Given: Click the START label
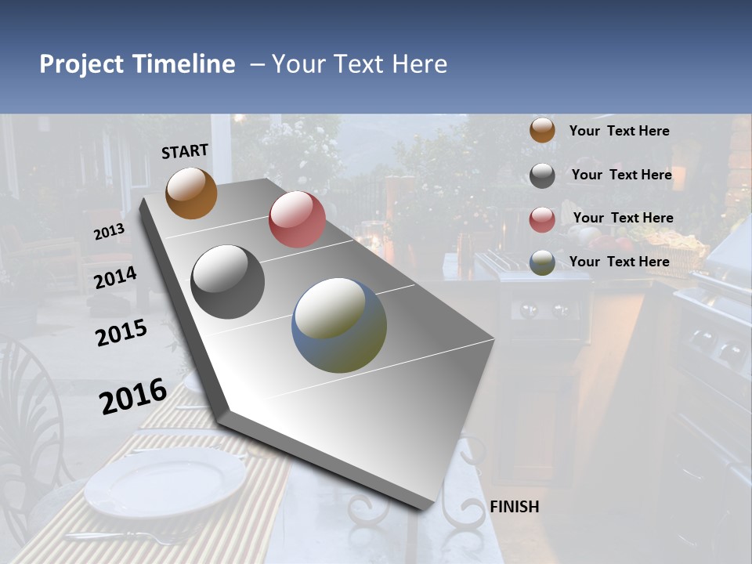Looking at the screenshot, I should coord(185,151).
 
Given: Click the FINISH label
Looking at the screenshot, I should coord(514,507).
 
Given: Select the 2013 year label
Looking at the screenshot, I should coord(109,232).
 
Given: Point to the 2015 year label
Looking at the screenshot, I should coord(121,333).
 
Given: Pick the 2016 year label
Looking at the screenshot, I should coord(133,396).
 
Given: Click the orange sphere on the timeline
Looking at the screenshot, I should coord(191,193).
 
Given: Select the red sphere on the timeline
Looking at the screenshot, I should coord(297,219).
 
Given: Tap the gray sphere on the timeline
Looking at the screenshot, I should coord(228,282).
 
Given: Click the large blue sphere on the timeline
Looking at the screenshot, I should coord(339,325).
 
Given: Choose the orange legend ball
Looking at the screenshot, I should coord(542,131).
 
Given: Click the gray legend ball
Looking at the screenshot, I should coord(542,175).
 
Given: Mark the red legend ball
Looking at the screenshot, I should coord(542,219).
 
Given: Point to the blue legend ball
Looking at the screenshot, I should coord(542,262).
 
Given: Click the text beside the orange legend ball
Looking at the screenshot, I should coord(619,131).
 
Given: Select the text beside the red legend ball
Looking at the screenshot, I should coord(623,218).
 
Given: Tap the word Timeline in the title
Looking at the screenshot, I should coord(184,64).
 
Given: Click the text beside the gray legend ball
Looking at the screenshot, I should coord(621,175).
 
